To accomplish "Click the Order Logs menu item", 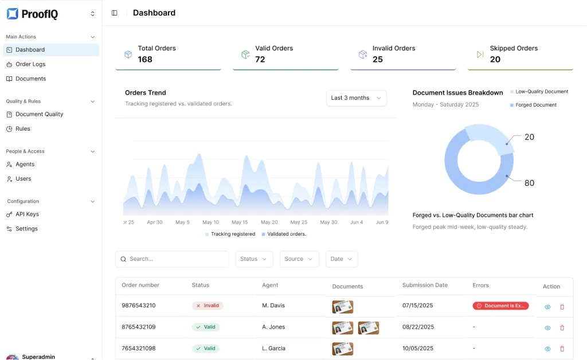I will click(x=30, y=64).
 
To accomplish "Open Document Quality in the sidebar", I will click(x=39, y=114).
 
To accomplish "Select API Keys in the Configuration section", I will click(x=27, y=214).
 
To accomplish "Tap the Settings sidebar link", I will click(x=26, y=229).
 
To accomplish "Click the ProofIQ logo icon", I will click(x=13, y=14).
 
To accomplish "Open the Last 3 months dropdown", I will click(x=356, y=98).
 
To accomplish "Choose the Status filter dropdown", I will click(x=253, y=259).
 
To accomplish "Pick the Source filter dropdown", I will click(x=299, y=259).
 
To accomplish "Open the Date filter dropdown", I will click(x=342, y=259).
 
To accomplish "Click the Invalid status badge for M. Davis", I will click(x=208, y=306).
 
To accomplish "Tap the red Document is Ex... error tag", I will click(x=500, y=306).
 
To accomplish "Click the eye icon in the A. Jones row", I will click(x=547, y=328).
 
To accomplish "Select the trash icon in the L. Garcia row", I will click(x=562, y=349).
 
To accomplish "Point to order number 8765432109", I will click(x=139, y=327).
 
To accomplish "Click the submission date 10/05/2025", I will click(x=418, y=349).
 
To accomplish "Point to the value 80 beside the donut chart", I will click(x=529, y=183).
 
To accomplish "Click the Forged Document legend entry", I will click(x=535, y=105).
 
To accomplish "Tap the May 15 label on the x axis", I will click(x=240, y=222).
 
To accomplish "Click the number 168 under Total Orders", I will click(x=145, y=60).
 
